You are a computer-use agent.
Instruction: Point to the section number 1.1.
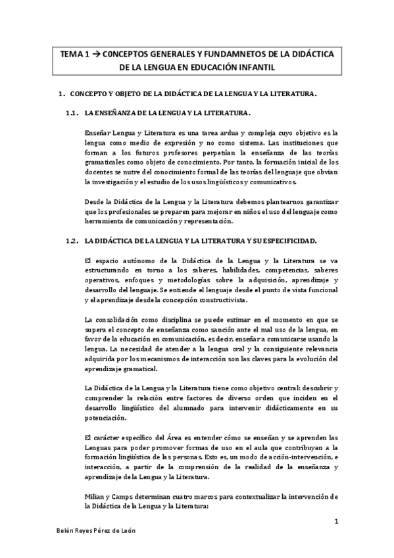point(73,113)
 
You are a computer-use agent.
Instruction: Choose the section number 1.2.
point(73,241)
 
